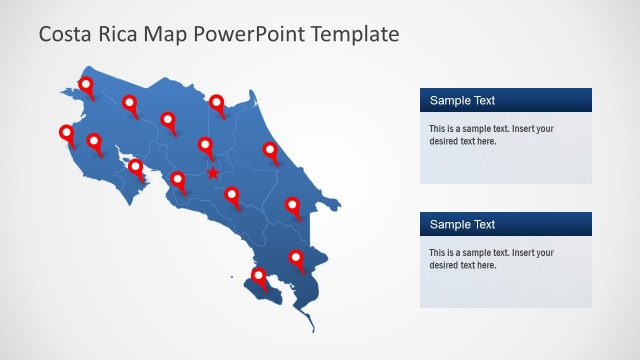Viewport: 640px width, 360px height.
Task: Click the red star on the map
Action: click(213, 173)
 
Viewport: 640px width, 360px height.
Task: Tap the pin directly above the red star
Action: click(206, 146)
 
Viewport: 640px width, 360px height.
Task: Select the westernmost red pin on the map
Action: click(67, 134)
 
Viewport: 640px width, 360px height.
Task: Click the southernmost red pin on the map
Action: click(259, 277)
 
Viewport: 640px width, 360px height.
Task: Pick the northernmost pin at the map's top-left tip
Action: click(86, 87)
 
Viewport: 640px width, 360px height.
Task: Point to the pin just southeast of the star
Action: click(232, 196)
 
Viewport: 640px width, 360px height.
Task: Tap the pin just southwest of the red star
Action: click(178, 181)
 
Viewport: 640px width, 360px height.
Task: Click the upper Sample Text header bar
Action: click(505, 100)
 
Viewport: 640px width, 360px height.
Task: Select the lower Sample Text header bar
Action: click(505, 224)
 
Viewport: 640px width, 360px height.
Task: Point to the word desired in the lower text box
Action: click(445, 265)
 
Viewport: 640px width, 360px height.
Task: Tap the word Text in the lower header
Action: click(483, 224)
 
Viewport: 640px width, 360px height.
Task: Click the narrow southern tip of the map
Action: click(312, 325)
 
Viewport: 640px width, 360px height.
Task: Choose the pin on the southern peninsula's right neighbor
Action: click(296, 260)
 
